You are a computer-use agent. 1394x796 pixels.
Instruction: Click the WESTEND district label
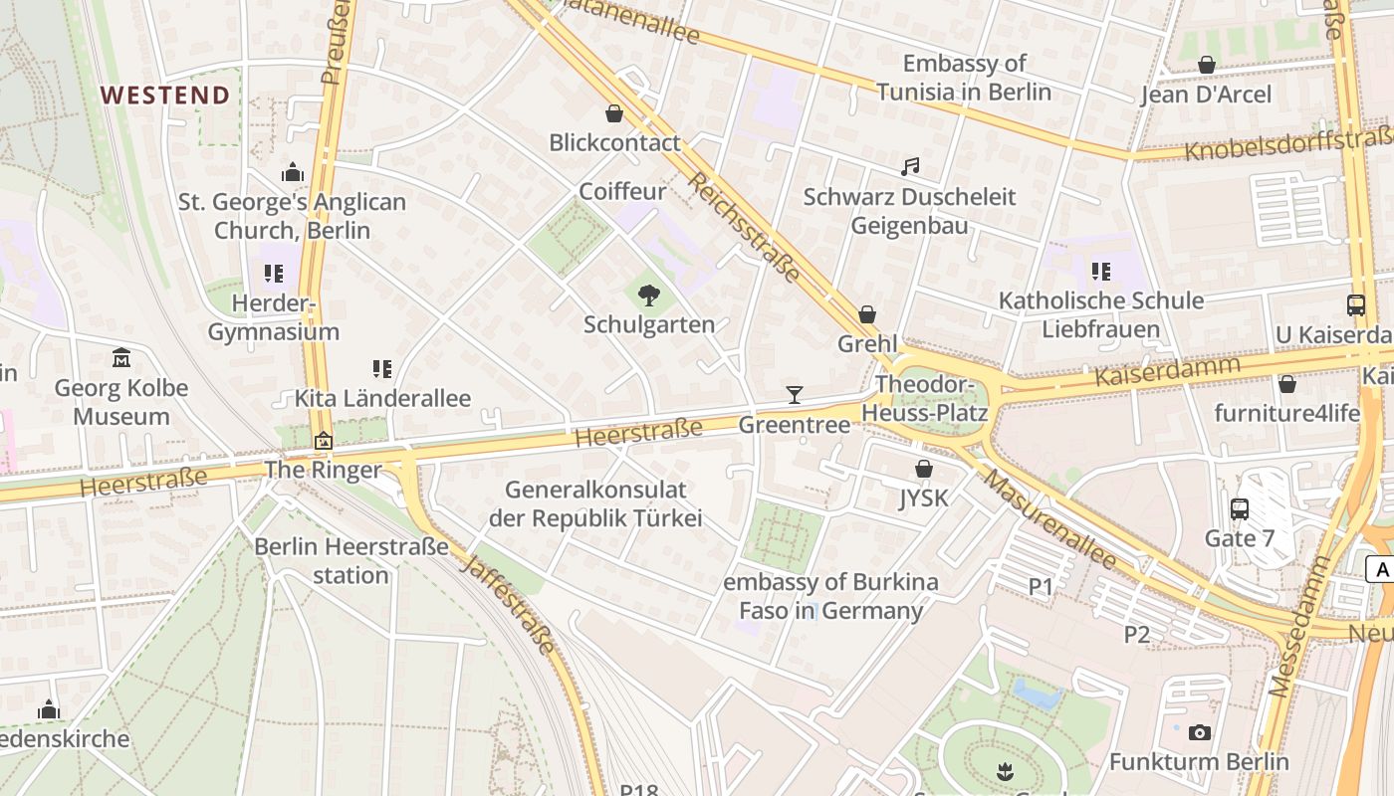coord(165,96)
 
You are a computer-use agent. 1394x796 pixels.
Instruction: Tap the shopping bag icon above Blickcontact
coord(614,113)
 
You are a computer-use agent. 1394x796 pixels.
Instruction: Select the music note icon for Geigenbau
coord(910,167)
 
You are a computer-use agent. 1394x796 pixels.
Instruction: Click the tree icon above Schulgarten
coord(649,295)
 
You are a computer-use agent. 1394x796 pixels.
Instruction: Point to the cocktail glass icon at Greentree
coord(794,395)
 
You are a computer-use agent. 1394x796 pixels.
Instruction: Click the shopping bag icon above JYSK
coord(924,469)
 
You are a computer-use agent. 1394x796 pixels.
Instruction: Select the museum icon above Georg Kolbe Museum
coord(121,358)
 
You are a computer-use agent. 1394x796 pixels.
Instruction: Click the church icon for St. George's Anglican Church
coord(292,173)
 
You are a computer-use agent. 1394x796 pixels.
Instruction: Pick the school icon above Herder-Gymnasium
coord(274,274)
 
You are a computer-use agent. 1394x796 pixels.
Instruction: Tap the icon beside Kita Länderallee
coord(381,369)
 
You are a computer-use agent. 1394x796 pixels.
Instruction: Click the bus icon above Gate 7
coord(1240,509)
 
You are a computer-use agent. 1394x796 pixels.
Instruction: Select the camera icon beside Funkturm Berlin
coord(1200,733)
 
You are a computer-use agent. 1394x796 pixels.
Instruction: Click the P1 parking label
coord(1041,587)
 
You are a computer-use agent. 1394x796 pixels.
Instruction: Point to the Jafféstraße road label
coord(508,604)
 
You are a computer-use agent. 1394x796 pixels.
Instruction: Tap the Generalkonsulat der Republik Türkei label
coord(595,503)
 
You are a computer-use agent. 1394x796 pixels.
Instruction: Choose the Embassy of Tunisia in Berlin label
coord(964,78)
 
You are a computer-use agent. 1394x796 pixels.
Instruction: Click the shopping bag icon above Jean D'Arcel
coord(1206,66)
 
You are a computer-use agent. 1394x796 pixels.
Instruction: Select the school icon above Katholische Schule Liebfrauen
coord(1100,272)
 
